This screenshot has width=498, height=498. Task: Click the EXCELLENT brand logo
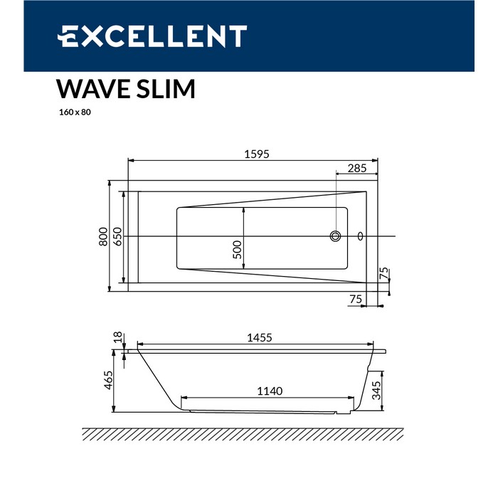[152, 36]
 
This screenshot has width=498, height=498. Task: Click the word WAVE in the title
[93, 89]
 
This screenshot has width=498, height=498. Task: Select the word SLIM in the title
[166, 89]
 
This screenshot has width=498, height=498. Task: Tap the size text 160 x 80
[75, 112]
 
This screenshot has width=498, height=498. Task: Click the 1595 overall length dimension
[257, 154]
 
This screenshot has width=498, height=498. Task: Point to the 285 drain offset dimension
[357, 169]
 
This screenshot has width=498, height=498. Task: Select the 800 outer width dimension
[103, 237]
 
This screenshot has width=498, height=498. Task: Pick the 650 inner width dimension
[117, 237]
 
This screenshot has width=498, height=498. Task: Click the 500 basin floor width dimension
[237, 250]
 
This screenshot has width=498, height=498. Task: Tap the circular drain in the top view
[335, 236]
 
